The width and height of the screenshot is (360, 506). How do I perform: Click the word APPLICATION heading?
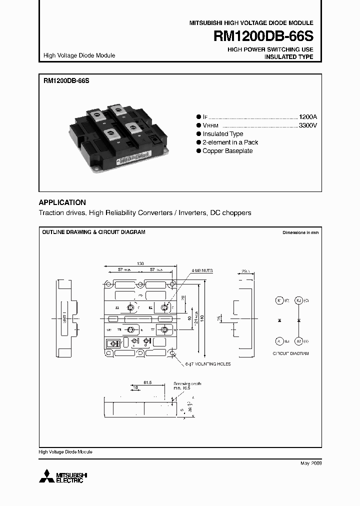62,202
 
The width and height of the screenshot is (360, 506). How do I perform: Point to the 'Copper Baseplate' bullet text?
227,151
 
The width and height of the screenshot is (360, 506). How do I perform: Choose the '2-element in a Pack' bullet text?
230,142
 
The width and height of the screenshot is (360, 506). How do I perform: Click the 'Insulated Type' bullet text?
223,134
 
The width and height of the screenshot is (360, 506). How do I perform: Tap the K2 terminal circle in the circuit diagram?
298,300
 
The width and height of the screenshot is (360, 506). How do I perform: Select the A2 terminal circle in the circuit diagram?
298,340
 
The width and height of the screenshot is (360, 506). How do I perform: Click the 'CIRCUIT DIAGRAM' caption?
290,353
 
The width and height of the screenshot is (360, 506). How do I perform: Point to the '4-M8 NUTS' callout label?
201,270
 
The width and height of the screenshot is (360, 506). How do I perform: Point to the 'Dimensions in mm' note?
300,232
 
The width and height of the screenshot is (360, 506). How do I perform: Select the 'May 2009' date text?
311,463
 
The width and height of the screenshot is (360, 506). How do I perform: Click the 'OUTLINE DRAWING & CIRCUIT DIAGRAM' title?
93,232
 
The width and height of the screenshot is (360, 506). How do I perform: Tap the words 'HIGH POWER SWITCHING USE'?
270,49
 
